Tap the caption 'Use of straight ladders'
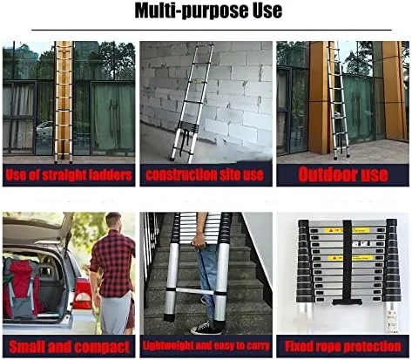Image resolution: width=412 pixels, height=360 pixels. coord(69,175)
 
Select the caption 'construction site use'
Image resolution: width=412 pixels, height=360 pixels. coord(205,175)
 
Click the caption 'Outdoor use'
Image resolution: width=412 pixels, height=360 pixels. coord(343,174)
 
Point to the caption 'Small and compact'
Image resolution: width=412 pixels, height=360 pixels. coord(69,347)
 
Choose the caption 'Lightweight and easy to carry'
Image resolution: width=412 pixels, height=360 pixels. coord(206,346)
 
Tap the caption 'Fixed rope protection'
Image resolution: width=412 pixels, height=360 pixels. coord(343,346)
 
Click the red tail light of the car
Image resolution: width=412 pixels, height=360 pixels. coord(82,294)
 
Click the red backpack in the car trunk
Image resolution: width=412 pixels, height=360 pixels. coord(21,288)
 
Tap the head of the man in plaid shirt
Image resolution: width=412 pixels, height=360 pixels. coord(113,221)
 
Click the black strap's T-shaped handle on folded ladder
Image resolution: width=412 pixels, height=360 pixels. coord(348,302)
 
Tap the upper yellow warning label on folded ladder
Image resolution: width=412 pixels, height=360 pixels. coord(347,230)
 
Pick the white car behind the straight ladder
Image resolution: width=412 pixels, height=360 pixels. coord(45,129)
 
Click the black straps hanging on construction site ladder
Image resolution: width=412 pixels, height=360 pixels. coord(186,142)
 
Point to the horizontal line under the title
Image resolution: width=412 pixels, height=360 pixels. coord(212,30)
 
